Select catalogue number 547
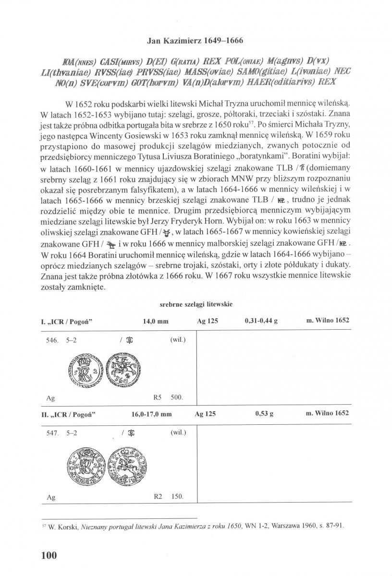[x=52, y=433]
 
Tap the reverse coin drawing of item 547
[x=122, y=464]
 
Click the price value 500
[x=177, y=398]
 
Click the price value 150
[x=177, y=498]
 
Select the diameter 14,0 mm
[x=156, y=321]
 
